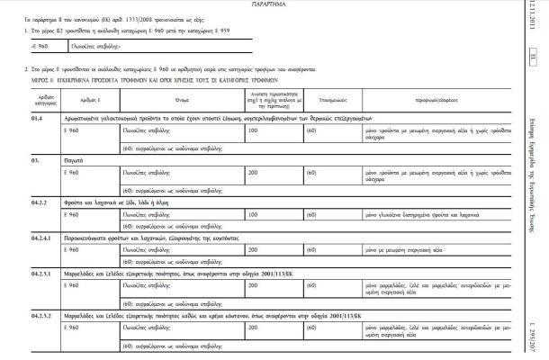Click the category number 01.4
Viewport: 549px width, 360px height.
38,118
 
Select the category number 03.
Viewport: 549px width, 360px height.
34,158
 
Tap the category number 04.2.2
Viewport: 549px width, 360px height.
39,202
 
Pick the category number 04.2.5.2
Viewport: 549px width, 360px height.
41,316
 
